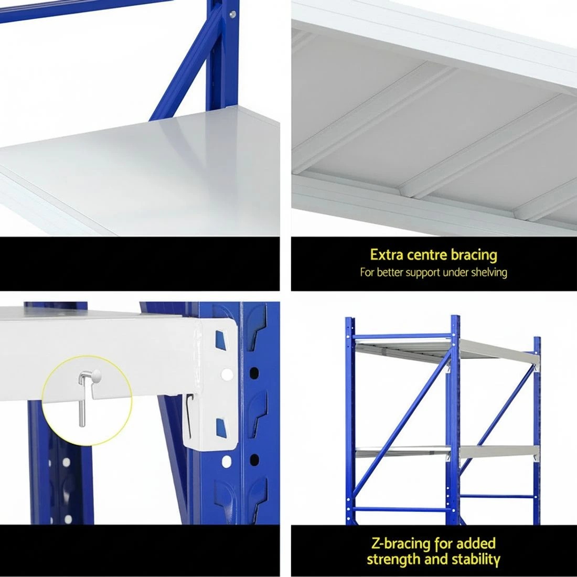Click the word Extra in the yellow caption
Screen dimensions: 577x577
pos(386,255)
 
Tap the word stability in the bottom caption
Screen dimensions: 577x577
pos(474,559)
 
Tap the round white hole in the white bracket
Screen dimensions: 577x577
pos(226,375)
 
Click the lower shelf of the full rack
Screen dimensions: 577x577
pos(446,451)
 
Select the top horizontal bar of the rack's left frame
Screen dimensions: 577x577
pos(400,336)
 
